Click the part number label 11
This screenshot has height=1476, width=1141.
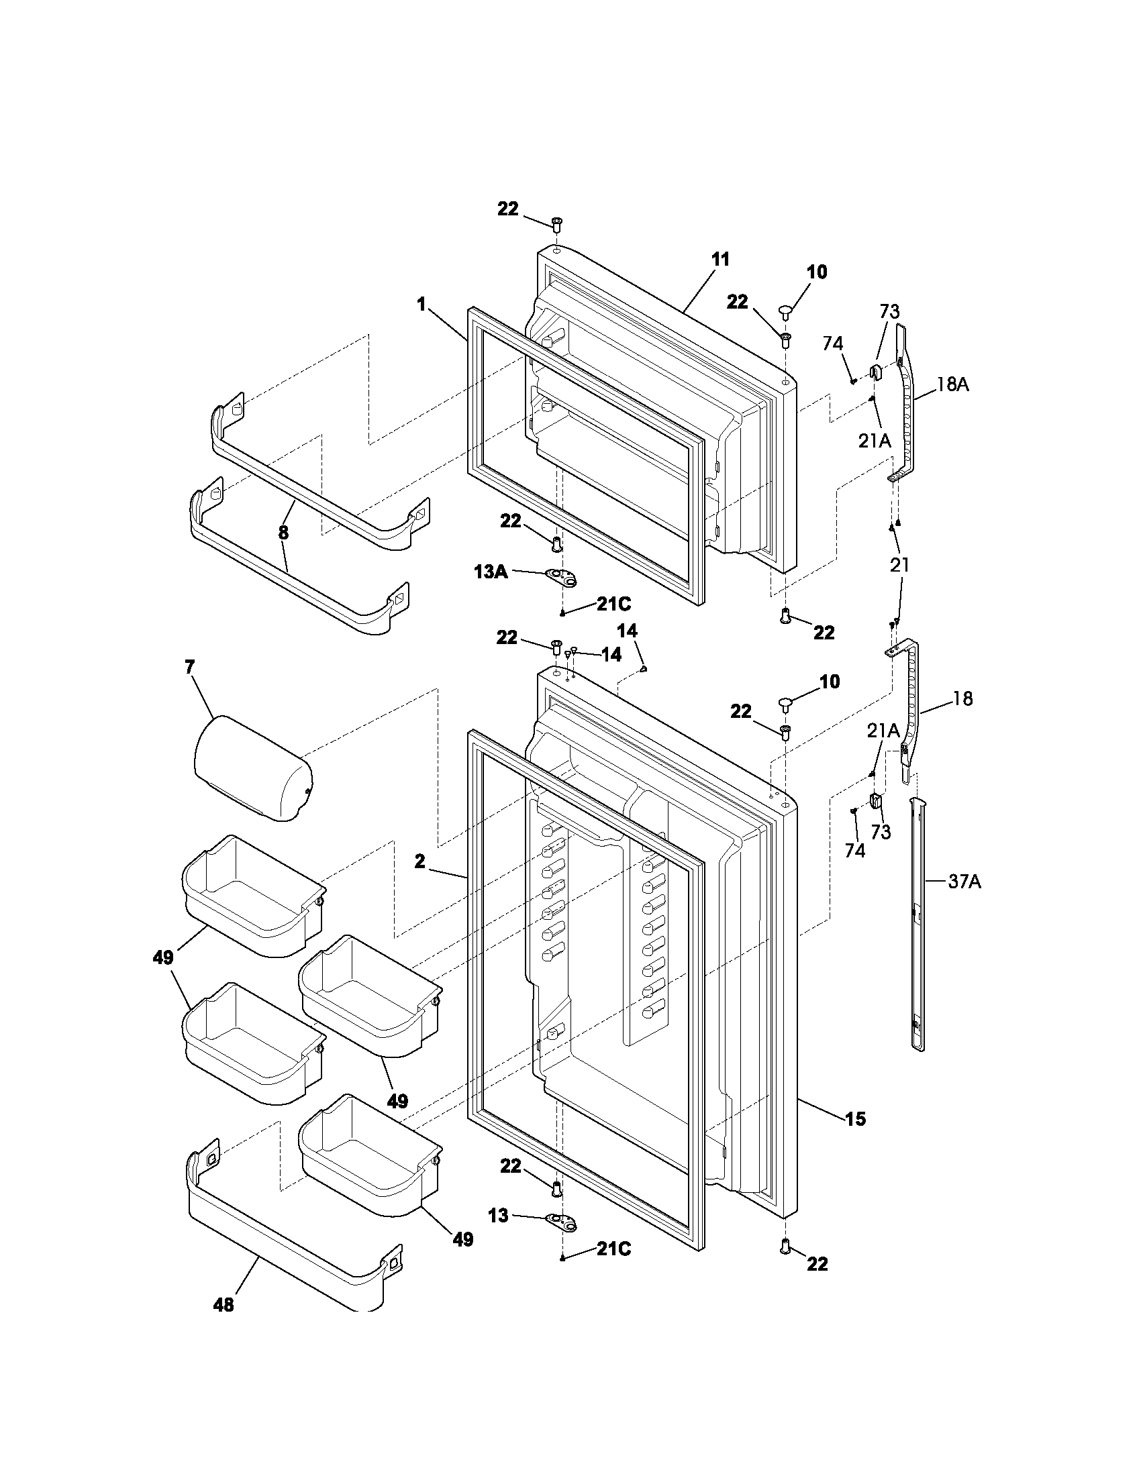(721, 260)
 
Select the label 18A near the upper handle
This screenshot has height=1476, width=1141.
(952, 385)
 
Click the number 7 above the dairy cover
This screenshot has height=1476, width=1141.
(189, 668)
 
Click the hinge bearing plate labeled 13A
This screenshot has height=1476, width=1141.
(562, 576)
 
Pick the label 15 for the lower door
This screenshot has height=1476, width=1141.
(855, 1120)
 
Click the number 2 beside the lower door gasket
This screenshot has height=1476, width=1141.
(419, 861)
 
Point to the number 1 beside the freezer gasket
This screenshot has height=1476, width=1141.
(421, 305)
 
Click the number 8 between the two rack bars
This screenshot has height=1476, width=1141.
(283, 533)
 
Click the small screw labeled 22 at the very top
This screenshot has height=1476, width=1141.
(557, 223)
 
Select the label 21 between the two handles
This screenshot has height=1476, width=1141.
(899, 565)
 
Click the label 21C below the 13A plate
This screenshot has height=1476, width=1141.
(613, 604)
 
